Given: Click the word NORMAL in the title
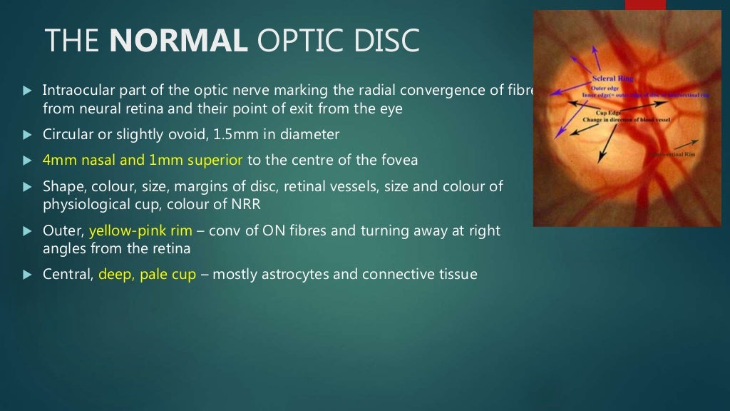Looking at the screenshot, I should point(178,41).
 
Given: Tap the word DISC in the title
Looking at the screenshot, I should point(388,41).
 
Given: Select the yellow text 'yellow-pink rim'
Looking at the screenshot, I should point(140,230).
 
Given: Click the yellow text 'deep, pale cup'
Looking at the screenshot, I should point(147,274).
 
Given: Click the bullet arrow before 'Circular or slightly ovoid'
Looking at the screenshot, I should point(26,135).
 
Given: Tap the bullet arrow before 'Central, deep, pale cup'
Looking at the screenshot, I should point(26,275).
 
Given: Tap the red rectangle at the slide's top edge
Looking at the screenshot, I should point(645,4).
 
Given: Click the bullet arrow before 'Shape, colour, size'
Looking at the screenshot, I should point(26,187).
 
